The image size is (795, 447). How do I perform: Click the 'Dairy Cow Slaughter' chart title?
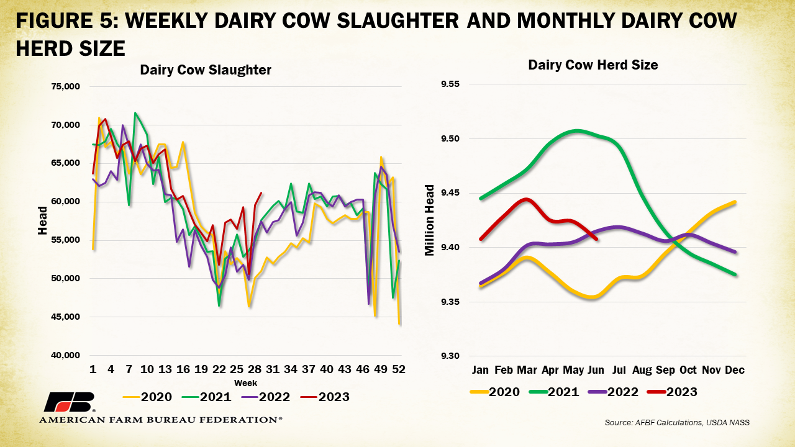pyautogui.click(x=206, y=70)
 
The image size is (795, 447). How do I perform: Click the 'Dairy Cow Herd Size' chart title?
pyautogui.click(x=593, y=65)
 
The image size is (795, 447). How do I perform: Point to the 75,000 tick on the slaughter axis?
pyautogui.click(x=65, y=86)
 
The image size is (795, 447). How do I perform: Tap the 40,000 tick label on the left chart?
pyautogui.click(x=65, y=355)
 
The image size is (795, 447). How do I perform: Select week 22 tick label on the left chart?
pyautogui.click(x=219, y=369)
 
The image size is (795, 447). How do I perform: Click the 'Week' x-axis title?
pyautogui.click(x=245, y=383)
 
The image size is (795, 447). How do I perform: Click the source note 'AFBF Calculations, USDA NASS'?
pyautogui.click(x=678, y=422)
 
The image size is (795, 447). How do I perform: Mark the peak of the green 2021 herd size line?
pyautogui.click(x=577, y=130)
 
